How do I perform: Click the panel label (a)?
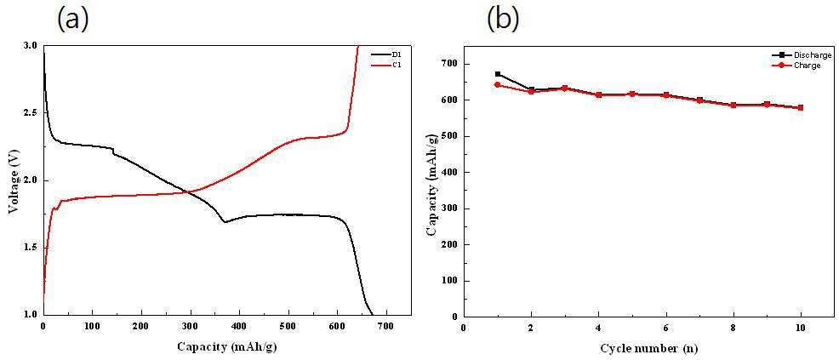pyautogui.click(x=72, y=20)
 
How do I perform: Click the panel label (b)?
pyautogui.click(x=503, y=20)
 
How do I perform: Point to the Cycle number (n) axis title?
pyautogui.click(x=649, y=349)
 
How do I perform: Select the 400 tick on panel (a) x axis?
pyautogui.click(x=239, y=326)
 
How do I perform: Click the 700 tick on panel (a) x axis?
pyautogui.click(x=386, y=326)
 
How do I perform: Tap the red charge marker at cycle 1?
pyautogui.click(x=498, y=84)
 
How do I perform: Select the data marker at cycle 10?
pyautogui.click(x=801, y=107)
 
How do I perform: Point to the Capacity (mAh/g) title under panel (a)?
pyautogui.click(x=227, y=346)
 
